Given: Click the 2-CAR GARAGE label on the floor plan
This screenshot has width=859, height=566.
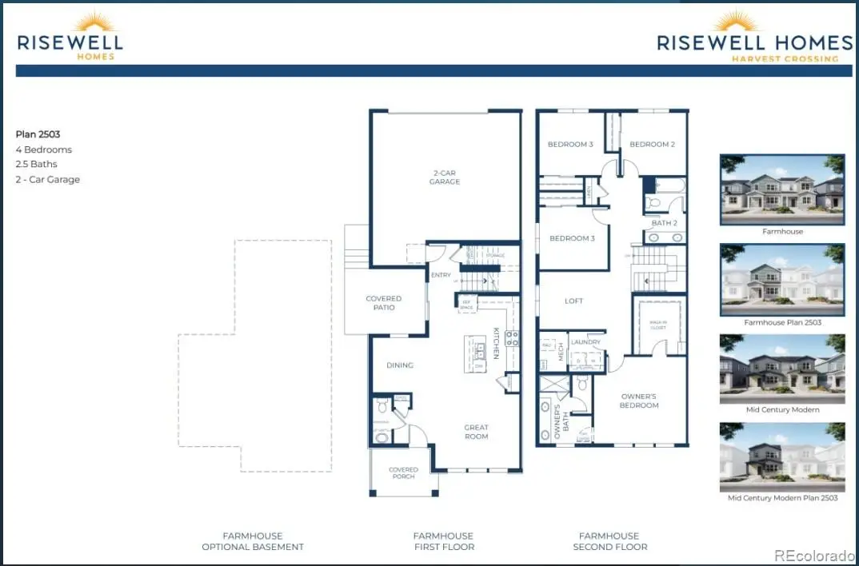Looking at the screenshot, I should tap(444, 177).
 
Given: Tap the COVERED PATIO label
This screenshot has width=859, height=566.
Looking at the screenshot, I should tap(384, 303).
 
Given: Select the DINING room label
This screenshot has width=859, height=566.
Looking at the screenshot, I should tap(400, 365).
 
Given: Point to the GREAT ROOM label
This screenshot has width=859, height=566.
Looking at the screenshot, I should tap(476, 432).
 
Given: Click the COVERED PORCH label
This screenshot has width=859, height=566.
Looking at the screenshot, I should tap(403, 473).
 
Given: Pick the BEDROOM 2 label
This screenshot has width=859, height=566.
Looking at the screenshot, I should tap(652, 145).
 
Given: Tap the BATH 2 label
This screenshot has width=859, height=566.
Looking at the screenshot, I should tap(664, 223).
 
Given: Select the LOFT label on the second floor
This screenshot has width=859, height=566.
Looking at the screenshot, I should tap(573, 301).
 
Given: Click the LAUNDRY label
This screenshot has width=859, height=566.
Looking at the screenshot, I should tap(586, 342).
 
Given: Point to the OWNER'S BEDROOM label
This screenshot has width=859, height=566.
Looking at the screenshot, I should tap(639, 401).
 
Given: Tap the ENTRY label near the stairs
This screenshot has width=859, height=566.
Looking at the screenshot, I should tap(441, 275).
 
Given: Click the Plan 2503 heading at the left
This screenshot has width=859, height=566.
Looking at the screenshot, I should tap(38, 134).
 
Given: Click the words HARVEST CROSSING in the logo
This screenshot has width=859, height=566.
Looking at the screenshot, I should tap(785, 58).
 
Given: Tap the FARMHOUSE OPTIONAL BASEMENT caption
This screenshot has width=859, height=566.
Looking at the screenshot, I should tap(252, 541).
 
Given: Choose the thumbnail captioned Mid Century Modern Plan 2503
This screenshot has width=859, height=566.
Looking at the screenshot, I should tap(782, 457).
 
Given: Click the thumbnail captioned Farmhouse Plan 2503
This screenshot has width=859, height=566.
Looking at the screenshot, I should tap(782, 280).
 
